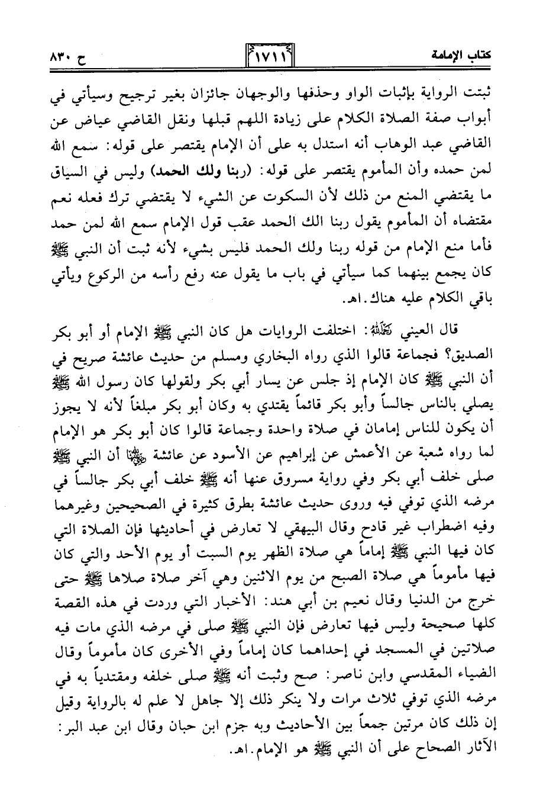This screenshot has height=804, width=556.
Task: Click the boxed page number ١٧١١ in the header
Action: pyautogui.click(x=269, y=57)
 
